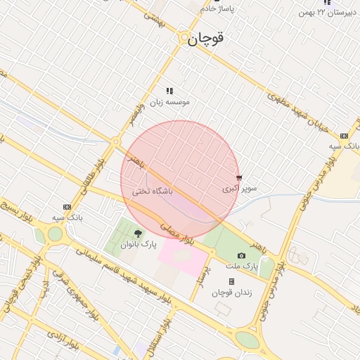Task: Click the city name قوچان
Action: pyautogui.click(x=207, y=39)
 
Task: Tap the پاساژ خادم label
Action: pyautogui.click(x=217, y=8)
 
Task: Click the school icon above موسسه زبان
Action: pyautogui.click(x=169, y=91)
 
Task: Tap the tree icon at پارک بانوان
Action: pyautogui.click(x=137, y=233)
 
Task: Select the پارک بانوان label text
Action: pyautogui.click(x=136, y=245)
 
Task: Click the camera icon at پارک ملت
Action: pyautogui.click(x=242, y=255)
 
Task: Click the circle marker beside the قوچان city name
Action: pyautogui.click(x=184, y=38)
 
